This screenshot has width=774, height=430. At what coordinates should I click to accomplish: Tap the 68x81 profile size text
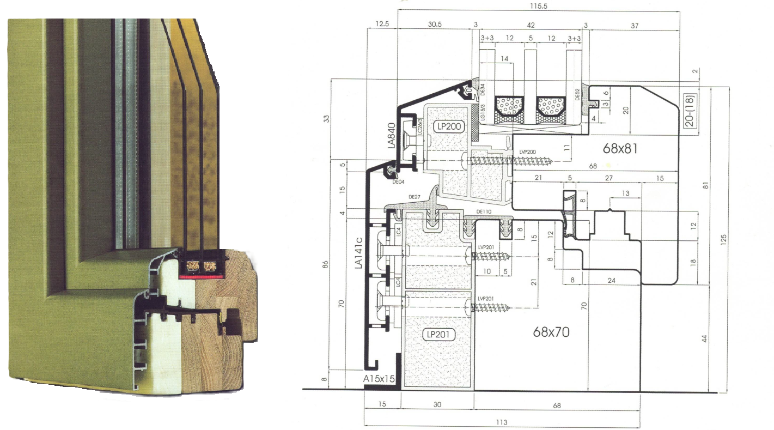620,148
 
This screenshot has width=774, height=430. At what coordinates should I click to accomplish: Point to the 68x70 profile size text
551,330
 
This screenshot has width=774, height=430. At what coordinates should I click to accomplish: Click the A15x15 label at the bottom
379,377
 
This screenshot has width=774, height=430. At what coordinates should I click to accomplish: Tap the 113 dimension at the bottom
502,422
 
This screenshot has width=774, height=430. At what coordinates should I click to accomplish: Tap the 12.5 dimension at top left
382,25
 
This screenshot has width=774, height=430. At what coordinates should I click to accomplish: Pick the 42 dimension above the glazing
531,25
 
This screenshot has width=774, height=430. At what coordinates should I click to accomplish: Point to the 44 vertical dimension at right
705,338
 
